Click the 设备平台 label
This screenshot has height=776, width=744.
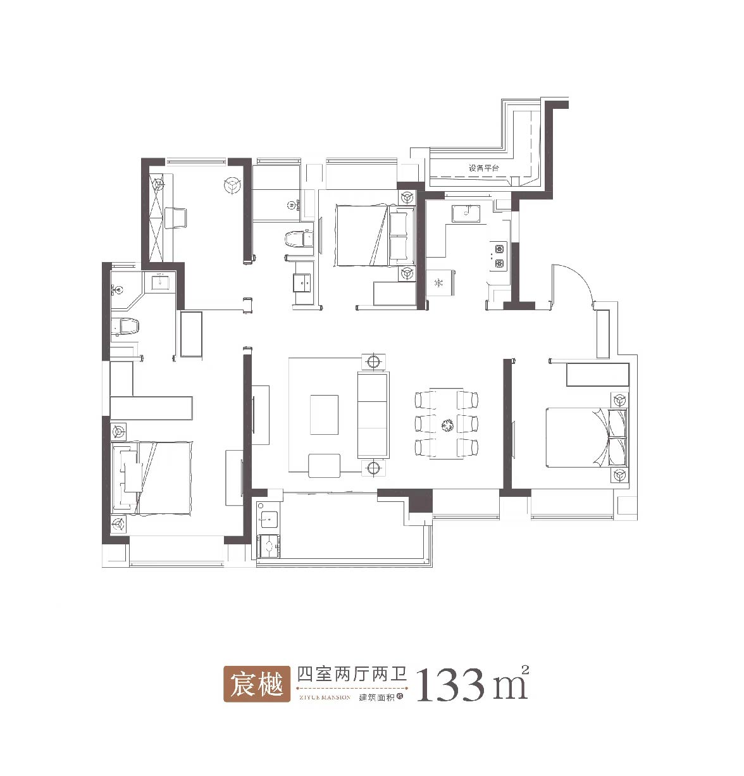[x=483, y=168]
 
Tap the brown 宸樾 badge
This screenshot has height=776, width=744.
[x=256, y=684]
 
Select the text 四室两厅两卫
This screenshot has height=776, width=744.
[x=352, y=674]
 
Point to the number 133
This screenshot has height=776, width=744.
[x=450, y=684]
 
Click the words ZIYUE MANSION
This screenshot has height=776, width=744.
[x=323, y=697]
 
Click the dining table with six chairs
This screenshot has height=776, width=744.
[x=447, y=423]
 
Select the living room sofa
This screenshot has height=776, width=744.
[x=373, y=415]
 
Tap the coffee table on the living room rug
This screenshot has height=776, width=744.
[x=324, y=415]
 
